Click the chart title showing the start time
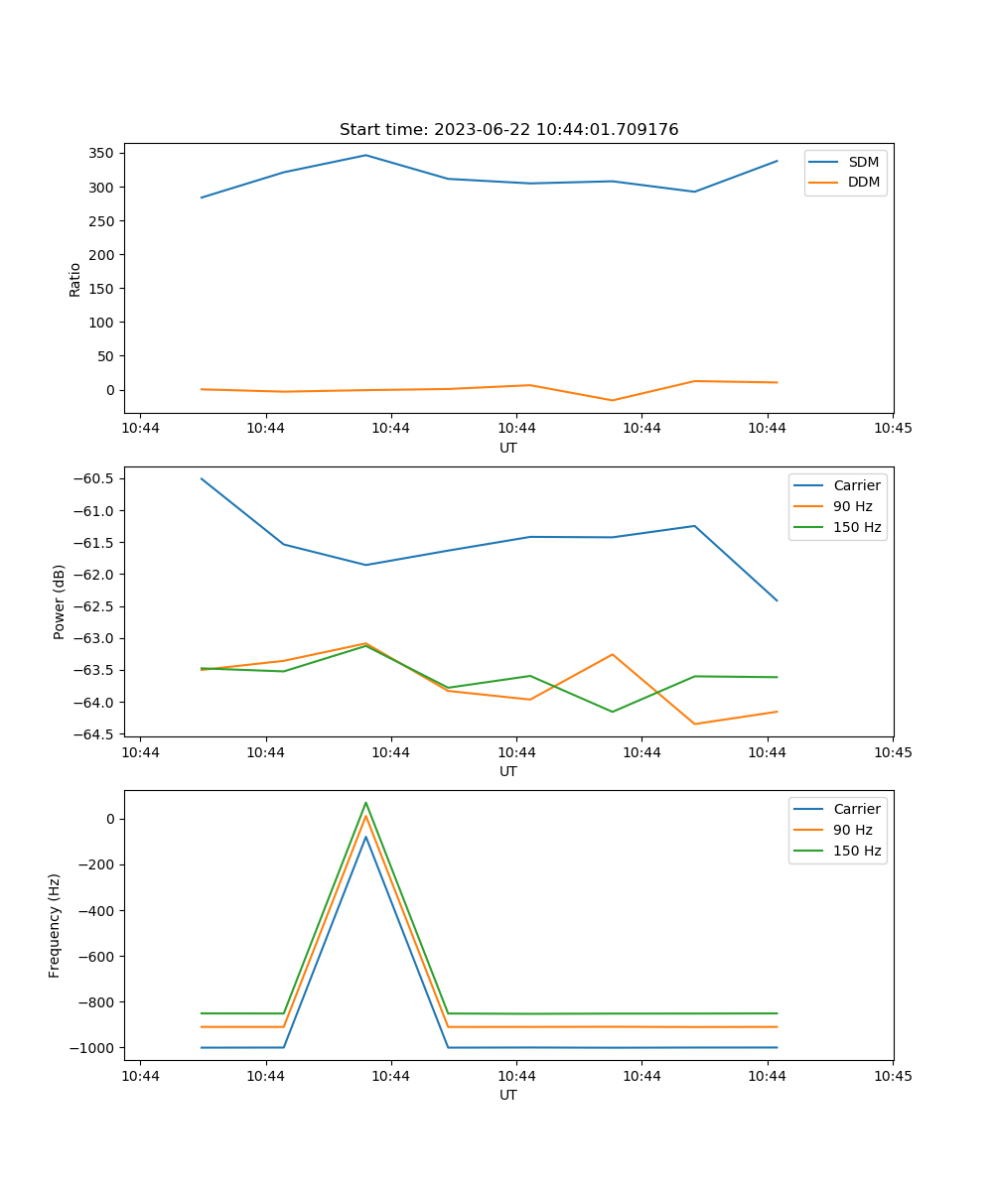coord(508,130)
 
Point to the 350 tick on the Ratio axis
coord(101,154)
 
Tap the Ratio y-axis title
coord(75,279)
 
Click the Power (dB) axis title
coord(60,601)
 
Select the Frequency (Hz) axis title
coord(56,925)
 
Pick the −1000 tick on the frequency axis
coord(94,1048)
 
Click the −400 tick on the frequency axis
coord(98,911)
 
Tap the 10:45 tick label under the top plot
coord(892,429)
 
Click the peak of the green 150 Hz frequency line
coord(365,803)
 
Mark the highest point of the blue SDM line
coord(365,155)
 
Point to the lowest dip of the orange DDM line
coord(612,401)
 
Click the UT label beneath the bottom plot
coord(508,1095)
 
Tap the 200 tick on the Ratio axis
coord(101,255)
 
